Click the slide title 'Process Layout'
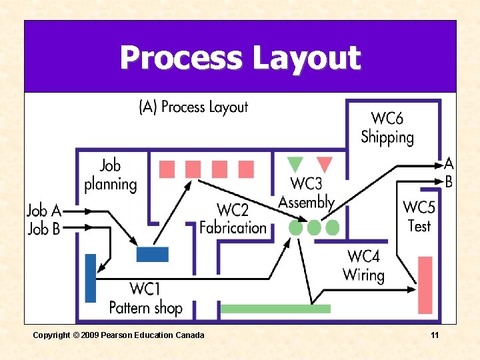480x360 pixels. (x=240, y=58)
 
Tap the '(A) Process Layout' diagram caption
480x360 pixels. (x=193, y=107)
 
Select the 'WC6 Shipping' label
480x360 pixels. (x=387, y=128)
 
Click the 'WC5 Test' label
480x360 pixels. (x=419, y=217)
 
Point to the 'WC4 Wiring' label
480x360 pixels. (x=363, y=265)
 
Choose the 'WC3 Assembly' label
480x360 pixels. (x=306, y=193)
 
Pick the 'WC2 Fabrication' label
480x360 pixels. (x=233, y=219)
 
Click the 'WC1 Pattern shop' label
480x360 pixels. (x=145, y=298)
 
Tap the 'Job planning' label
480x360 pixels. (x=111, y=175)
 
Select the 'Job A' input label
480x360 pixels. (x=44, y=211)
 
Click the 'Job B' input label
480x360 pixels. (x=44, y=229)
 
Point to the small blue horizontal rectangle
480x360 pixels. (x=153, y=255)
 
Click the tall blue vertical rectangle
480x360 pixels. (x=91, y=278)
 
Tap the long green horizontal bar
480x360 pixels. (x=275, y=309)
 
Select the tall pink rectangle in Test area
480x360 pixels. (x=425, y=285)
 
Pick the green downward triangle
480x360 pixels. (x=295, y=164)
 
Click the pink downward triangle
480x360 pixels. (x=325, y=164)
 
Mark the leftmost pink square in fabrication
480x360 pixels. (x=167, y=169)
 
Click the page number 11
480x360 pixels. (x=435, y=335)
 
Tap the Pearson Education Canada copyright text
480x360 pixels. (x=119, y=335)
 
